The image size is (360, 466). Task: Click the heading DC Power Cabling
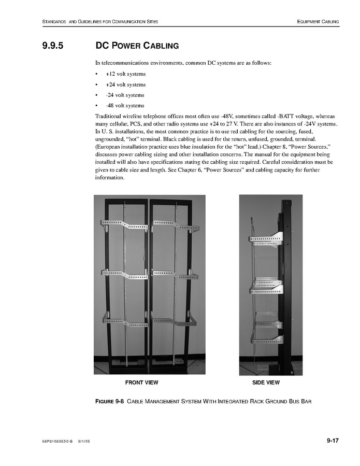(137, 46)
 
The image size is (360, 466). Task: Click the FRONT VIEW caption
(141, 383)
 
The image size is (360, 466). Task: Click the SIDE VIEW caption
(266, 383)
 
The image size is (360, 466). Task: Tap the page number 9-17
(332, 441)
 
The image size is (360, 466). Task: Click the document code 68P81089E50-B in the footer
(58, 442)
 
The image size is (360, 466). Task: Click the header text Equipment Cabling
(318, 22)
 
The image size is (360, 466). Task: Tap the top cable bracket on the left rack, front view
(123, 224)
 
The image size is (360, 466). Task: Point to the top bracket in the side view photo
(265, 239)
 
